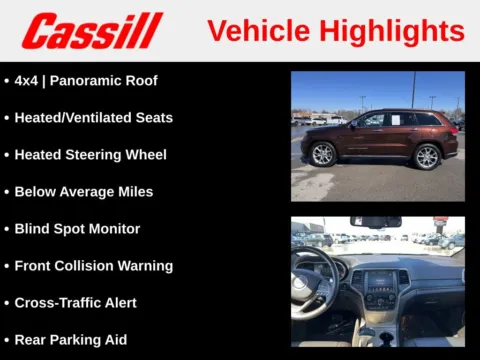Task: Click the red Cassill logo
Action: click(x=92, y=31)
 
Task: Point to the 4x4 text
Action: click(x=28, y=81)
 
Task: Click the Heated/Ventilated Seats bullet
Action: click(x=93, y=118)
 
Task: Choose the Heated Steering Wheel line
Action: click(x=90, y=155)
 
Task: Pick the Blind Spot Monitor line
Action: click(x=77, y=229)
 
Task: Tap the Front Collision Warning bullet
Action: click(x=93, y=266)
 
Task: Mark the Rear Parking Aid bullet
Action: click(x=70, y=340)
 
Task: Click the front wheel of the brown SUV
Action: click(x=322, y=154)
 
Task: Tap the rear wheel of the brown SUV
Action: click(x=427, y=156)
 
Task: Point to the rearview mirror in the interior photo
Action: click(x=375, y=222)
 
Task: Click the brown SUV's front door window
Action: click(x=371, y=121)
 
